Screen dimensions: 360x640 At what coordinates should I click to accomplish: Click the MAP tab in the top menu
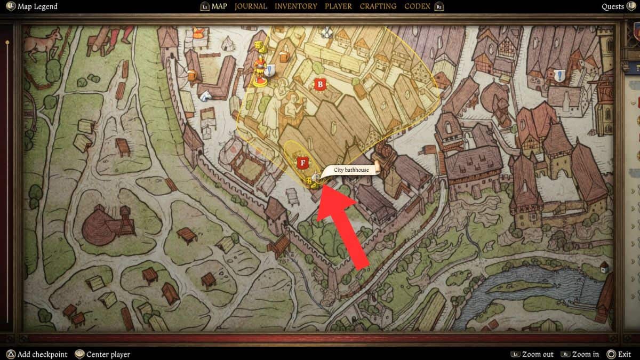click(x=219, y=6)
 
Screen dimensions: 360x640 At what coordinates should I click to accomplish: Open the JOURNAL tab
click(x=251, y=6)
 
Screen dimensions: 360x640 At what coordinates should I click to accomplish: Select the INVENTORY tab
click(x=295, y=6)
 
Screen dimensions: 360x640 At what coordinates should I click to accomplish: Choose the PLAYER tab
click(x=338, y=6)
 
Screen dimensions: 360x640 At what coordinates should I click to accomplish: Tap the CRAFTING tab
click(x=378, y=6)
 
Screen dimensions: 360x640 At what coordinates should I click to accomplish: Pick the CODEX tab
click(x=418, y=6)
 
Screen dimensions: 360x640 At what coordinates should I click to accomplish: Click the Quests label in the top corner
click(x=613, y=6)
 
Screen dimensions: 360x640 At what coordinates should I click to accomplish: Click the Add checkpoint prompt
click(x=42, y=354)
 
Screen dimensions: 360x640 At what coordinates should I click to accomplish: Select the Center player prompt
click(x=108, y=354)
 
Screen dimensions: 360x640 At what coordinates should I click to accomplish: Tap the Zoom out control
click(x=538, y=354)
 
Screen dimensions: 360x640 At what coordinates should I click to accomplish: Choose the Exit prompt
click(x=623, y=354)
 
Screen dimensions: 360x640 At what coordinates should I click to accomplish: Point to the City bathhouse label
click(x=351, y=170)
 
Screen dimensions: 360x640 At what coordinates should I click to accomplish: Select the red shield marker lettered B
click(x=320, y=84)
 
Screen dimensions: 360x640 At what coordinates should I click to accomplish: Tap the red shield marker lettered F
click(x=303, y=162)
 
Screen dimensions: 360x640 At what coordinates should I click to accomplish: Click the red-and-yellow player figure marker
click(x=260, y=71)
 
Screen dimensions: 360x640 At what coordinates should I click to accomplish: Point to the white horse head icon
click(x=204, y=95)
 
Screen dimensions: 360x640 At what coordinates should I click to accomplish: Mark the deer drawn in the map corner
click(x=43, y=43)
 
